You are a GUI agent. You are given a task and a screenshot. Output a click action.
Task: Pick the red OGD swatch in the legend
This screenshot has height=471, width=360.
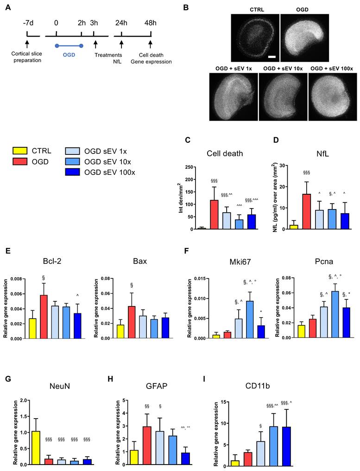click(x=20, y=160)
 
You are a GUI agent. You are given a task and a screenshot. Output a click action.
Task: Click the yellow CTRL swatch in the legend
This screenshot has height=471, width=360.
click(x=20, y=150)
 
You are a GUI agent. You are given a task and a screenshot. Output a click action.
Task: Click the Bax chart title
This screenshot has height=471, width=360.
click(x=139, y=261)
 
